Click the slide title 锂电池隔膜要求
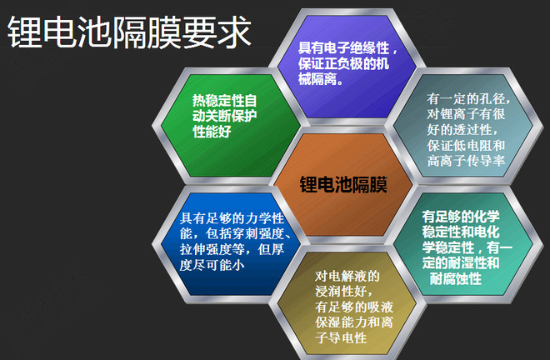pyautogui.click(x=129, y=32)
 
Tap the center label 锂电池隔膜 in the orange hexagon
pyautogui.click(x=343, y=184)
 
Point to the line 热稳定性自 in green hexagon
pyautogui.click(x=224, y=101)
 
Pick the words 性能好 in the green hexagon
pyautogui.click(x=212, y=132)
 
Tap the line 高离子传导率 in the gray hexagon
pyautogui.click(x=466, y=161)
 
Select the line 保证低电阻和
pyautogui.click(x=466, y=145)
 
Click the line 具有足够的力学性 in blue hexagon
pyautogui.click(x=232, y=218)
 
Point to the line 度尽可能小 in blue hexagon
pyautogui.click(x=212, y=265)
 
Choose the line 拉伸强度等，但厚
pyautogui.click(x=232, y=249)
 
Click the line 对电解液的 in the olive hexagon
pyautogui.click(x=347, y=276)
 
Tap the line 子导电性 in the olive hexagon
pyautogui.click(x=341, y=337)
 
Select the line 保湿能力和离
pyautogui.click(x=354, y=322)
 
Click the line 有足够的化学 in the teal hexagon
pyautogui.click(x=461, y=217)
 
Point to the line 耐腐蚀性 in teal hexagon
pyautogui.click(x=456, y=279)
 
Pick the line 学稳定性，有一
pyautogui.click(x=467, y=247)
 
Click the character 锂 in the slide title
pyautogui.click(x=24, y=32)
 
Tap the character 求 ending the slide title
pyautogui.click(x=234, y=32)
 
